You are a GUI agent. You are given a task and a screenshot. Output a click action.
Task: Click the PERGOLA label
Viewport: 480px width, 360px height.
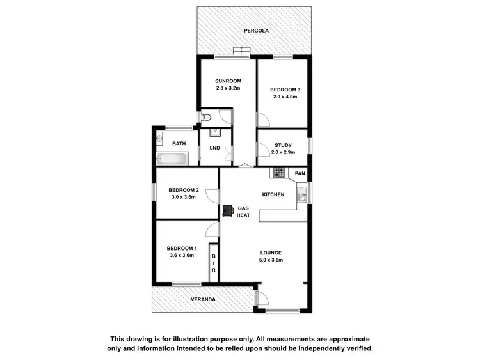point(255,31)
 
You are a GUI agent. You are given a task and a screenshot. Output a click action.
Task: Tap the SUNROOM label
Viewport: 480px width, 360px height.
point(227,81)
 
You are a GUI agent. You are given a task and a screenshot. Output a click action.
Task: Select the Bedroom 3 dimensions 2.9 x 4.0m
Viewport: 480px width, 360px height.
point(284,97)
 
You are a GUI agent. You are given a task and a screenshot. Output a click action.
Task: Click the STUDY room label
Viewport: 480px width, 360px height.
point(283,145)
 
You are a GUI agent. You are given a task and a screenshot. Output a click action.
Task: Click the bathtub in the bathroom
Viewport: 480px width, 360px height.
point(172,159)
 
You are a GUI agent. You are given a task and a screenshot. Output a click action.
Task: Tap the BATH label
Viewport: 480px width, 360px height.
point(179,143)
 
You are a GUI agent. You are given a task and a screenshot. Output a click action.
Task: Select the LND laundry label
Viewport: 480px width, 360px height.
point(214,148)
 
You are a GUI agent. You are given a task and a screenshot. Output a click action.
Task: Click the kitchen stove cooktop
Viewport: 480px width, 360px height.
point(278,172)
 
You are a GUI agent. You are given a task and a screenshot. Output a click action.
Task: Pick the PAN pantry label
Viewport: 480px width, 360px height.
point(300,173)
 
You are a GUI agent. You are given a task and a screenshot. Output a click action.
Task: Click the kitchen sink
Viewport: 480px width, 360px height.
point(301,193)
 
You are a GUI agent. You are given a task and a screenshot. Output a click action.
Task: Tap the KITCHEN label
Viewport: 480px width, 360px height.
point(273,194)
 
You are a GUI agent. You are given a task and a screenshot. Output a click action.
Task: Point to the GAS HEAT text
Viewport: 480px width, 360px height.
point(243,212)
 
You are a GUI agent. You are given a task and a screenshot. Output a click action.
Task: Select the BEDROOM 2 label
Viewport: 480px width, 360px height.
point(184,190)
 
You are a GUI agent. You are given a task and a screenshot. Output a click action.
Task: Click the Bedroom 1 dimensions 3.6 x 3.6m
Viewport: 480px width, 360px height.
point(182,256)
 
